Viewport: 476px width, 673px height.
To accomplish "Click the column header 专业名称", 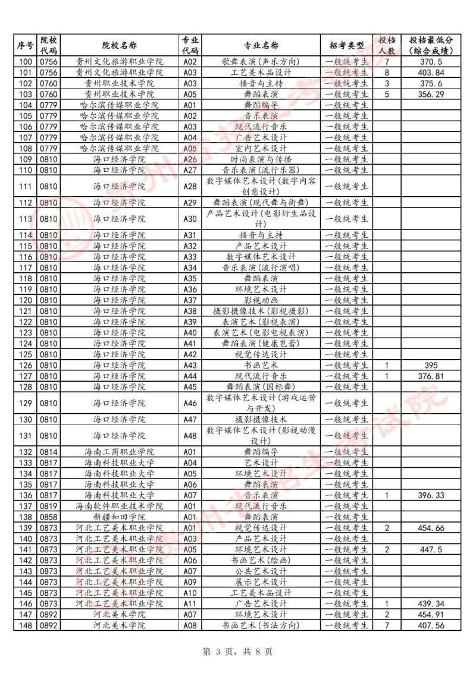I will [262, 45].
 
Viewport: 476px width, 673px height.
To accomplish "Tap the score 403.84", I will [431, 73].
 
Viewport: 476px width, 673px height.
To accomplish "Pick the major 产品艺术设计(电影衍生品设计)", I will [262, 219].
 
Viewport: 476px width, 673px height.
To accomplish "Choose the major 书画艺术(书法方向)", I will [262, 625].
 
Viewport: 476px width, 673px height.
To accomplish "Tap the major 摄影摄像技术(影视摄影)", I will [262, 311].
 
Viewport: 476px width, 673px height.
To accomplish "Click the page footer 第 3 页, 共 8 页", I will [238, 652].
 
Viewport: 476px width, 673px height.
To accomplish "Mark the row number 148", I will [26, 625].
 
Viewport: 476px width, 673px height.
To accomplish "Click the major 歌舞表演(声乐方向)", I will [262, 62].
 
